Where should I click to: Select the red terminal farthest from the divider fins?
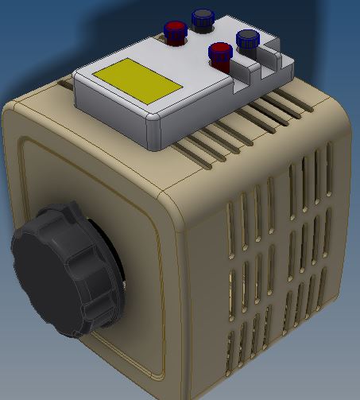pyautogui.click(x=174, y=29)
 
